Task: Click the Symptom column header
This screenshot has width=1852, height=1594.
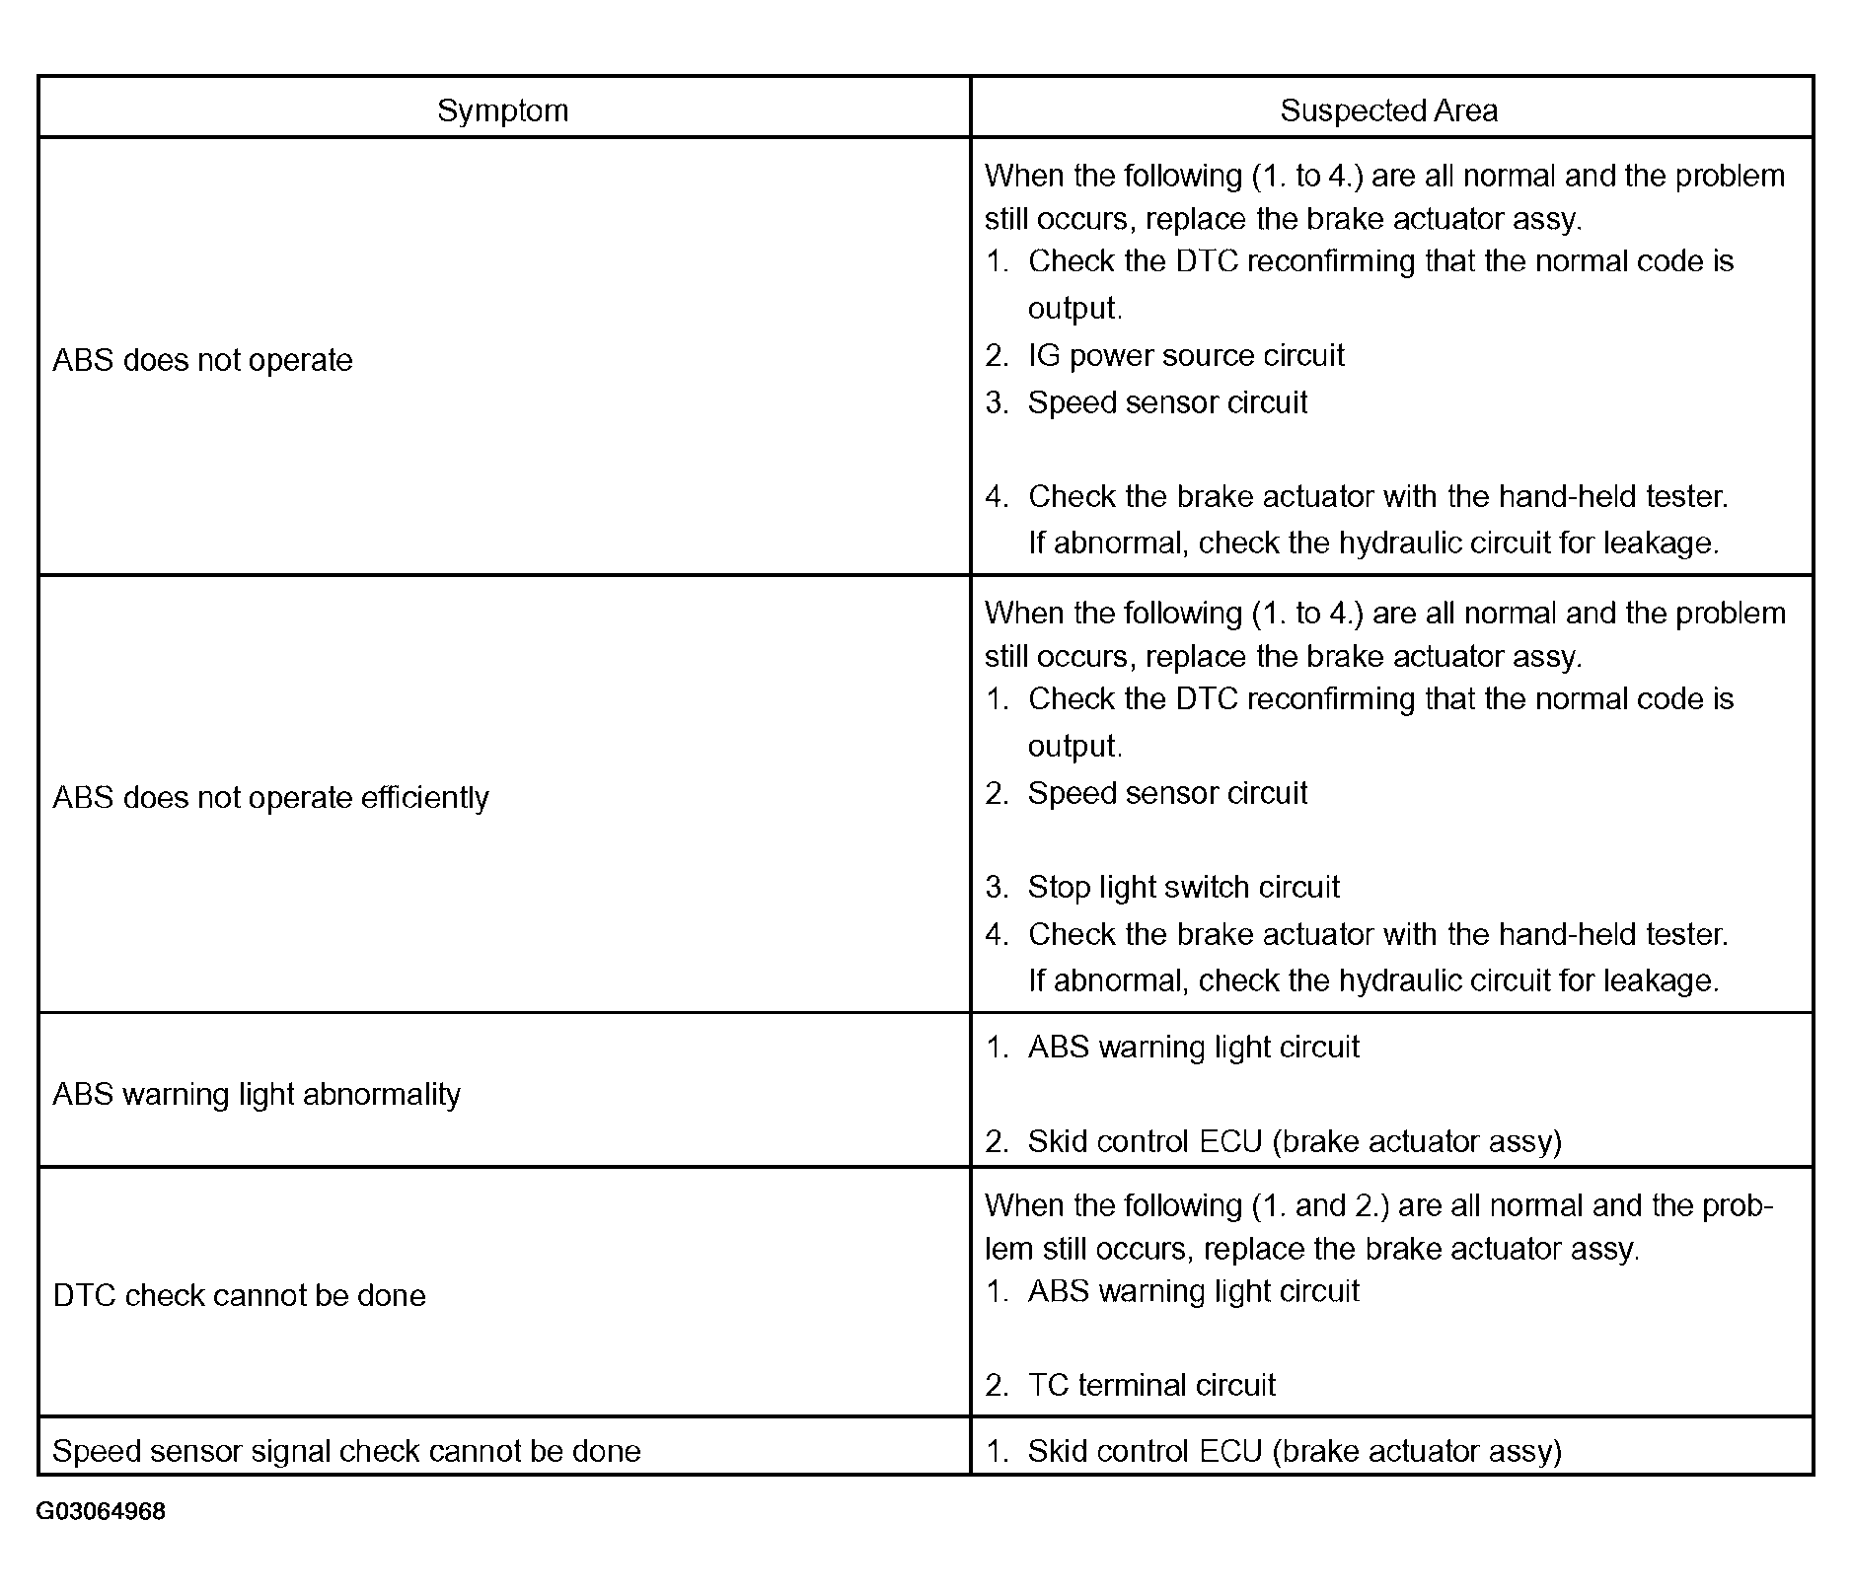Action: pyautogui.click(x=503, y=110)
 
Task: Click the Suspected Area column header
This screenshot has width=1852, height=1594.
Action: pyautogui.click(x=1388, y=110)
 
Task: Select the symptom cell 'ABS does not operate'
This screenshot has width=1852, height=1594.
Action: pyautogui.click(x=202, y=360)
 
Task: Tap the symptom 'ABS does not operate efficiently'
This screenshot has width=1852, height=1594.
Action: pyautogui.click(x=270, y=797)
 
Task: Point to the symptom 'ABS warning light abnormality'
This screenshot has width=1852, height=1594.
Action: pyautogui.click(x=257, y=1094)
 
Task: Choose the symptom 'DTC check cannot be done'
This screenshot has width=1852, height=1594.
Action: pyautogui.click(x=239, y=1295)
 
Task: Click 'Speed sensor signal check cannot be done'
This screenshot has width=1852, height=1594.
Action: pyautogui.click(x=346, y=1451)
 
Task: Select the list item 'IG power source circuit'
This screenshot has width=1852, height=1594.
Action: pyautogui.click(x=1185, y=355)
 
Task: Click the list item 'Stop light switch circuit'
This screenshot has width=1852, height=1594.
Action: pyautogui.click(x=1183, y=887)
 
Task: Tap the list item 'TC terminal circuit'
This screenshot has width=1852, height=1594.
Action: pyautogui.click(x=1150, y=1385)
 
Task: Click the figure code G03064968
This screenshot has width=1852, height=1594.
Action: pyautogui.click(x=101, y=1511)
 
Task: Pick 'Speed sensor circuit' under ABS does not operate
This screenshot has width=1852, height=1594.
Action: pyautogui.click(x=1167, y=402)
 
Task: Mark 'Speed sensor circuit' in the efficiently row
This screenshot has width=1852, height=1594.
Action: pyautogui.click(x=1167, y=793)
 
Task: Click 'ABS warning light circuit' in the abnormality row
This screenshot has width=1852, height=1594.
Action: pyautogui.click(x=1193, y=1047)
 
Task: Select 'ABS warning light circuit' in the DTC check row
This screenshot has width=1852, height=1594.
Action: pyautogui.click(x=1193, y=1291)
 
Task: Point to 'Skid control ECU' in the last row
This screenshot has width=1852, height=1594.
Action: pyautogui.click(x=1145, y=1451)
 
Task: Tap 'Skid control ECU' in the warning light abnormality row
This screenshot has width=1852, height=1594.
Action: pyautogui.click(x=1145, y=1141)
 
